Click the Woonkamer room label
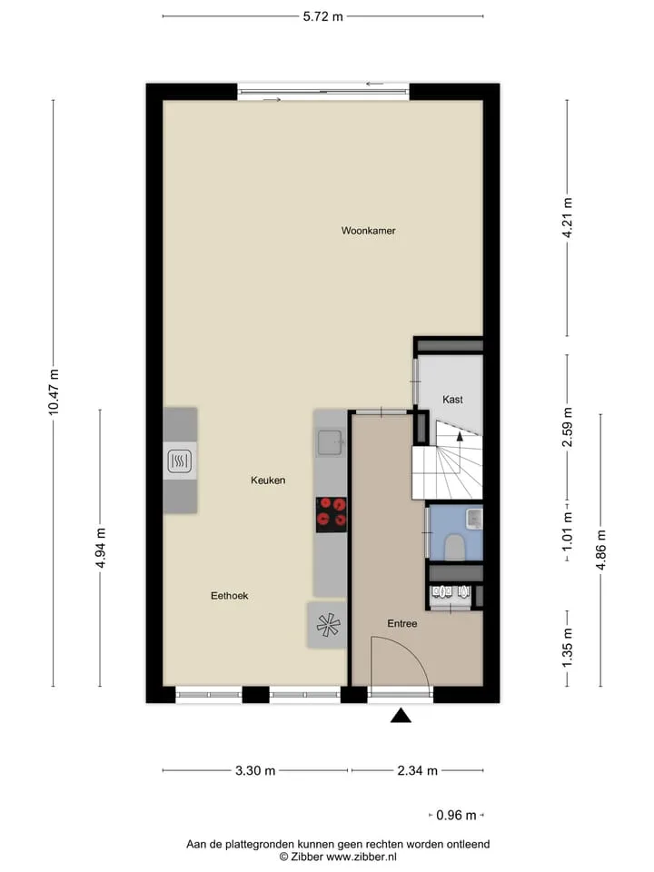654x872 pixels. [x=368, y=230]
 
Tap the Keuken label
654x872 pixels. [x=268, y=480]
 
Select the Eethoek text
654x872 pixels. [x=229, y=596]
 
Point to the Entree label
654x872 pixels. [x=402, y=623]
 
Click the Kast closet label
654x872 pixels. [x=452, y=400]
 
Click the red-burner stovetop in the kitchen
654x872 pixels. [x=332, y=514]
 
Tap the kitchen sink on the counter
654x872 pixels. [x=330, y=442]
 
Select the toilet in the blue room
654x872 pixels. [x=455, y=547]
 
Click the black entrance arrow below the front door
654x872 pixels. [x=401, y=717]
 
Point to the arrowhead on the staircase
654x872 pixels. [x=460, y=436]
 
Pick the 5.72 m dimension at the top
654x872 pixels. [x=323, y=16]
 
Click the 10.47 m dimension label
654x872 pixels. [x=54, y=392]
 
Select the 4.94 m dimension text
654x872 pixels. [x=101, y=548]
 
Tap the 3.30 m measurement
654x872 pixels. [x=255, y=771]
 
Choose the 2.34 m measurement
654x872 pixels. [x=418, y=771]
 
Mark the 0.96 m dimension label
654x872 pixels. [x=456, y=816]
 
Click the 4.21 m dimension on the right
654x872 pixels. [x=567, y=218]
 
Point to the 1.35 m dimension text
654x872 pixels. [x=567, y=649]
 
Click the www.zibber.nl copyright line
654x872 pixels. [x=338, y=857]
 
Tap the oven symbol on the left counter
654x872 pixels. [x=180, y=461]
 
